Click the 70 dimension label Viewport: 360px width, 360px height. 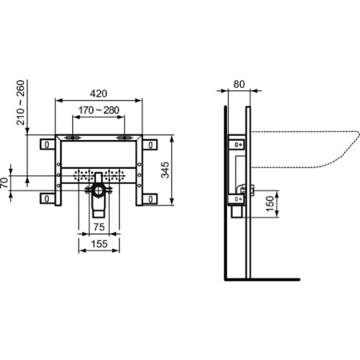(6, 183)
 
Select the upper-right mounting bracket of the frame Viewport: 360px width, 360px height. (150, 145)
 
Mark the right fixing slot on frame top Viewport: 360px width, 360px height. (122, 138)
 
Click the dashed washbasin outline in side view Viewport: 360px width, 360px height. (304, 148)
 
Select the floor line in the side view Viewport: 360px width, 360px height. (264, 279)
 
